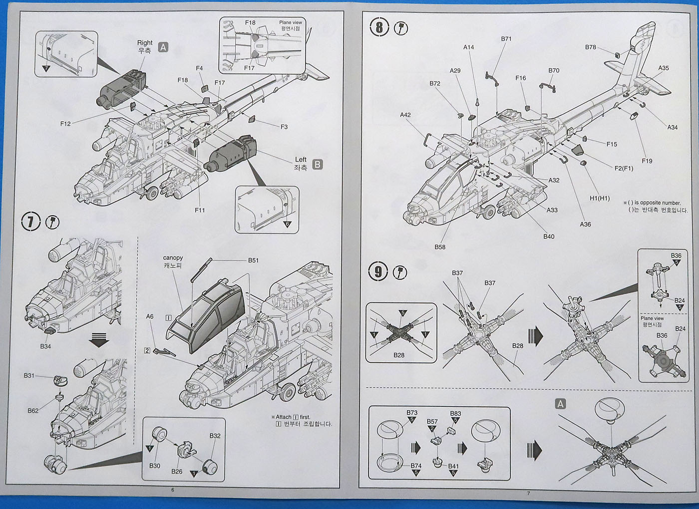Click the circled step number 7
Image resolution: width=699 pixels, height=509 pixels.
pos(31,222)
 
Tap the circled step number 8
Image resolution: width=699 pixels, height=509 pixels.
pos(379,27)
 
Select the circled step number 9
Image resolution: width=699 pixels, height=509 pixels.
pos(378,272)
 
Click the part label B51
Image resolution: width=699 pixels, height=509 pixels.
pos(254,260)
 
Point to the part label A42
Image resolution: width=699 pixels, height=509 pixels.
pos(405,115)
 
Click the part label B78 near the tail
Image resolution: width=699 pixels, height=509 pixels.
pos(591,47)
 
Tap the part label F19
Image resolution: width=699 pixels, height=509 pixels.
pos(647,161)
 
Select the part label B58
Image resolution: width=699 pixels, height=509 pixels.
pos(440,247)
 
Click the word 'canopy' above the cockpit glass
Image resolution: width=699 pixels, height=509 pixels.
pos(173,257)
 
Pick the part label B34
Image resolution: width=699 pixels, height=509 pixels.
pos(45,346)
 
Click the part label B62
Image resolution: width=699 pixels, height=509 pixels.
pos(33,411)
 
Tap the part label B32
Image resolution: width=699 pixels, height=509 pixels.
pos(215,436)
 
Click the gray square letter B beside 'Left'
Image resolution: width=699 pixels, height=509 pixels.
pos(317,164)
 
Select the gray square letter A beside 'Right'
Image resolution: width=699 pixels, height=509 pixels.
pos(163,47)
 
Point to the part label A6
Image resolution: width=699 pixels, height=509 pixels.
pos(150,316)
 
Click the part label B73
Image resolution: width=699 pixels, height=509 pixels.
pos(412,413)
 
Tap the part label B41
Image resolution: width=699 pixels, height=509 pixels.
pos(453,466)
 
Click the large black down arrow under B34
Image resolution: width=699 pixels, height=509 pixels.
pos(98,341)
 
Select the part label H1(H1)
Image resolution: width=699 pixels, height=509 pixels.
pos(600,198)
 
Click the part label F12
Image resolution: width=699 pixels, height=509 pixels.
pos(65,124)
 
